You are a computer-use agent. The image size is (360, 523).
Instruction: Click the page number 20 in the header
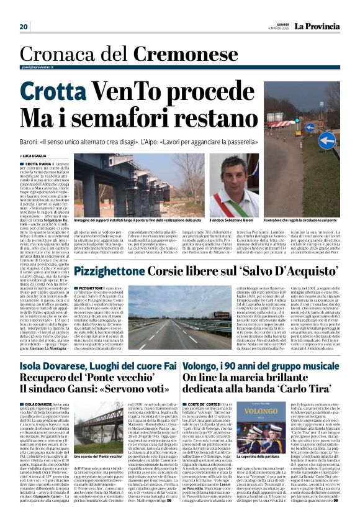[24, 27]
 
